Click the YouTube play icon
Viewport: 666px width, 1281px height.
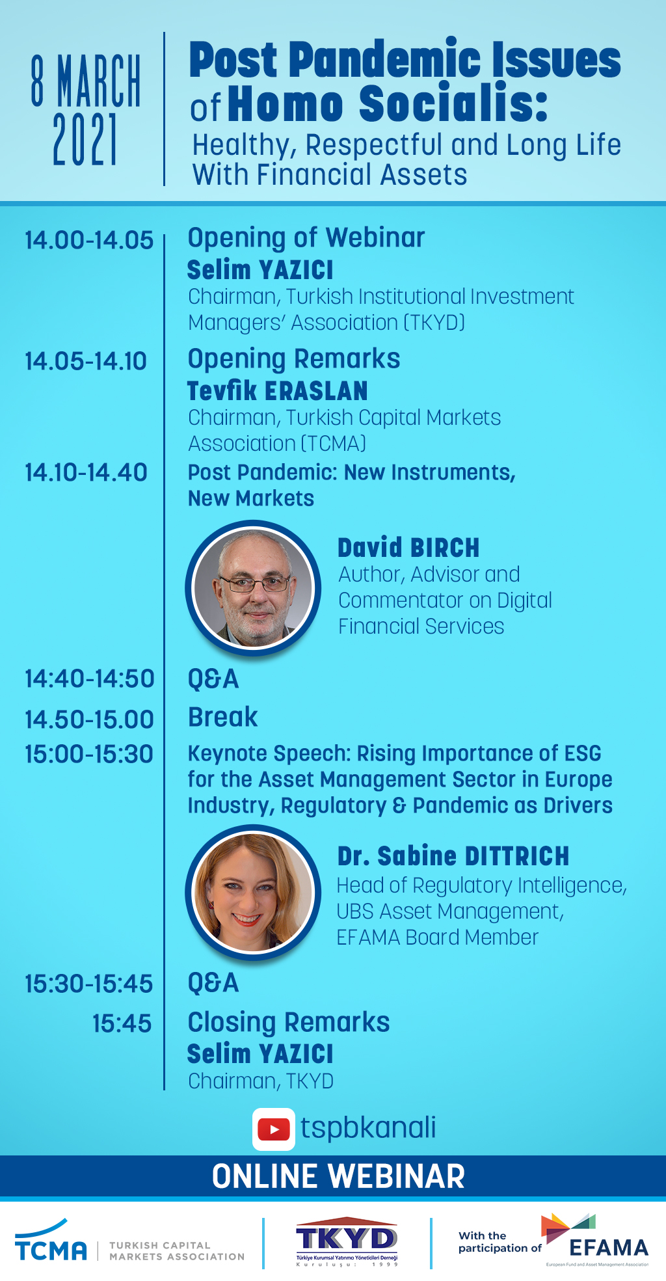[x=274, y=1129]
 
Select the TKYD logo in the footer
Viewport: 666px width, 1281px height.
[x=347, y=1242]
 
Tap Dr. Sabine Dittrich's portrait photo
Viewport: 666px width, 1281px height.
[x=253, y=892]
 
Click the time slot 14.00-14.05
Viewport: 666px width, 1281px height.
[x=89, y=240]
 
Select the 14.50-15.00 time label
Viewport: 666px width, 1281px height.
[x=89, y=719]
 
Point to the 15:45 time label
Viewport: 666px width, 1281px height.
[x=122, y=1023]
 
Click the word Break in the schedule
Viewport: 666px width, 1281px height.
[x=222, y=717]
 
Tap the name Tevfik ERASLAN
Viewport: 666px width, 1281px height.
[x=278, y=391]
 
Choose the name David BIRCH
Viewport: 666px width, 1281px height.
[x=408, y=548]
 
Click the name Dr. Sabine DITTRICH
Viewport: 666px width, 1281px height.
[x=453, y=856]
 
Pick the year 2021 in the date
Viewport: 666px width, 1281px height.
[x=85, y=139]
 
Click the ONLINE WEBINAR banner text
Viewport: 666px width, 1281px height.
[x=338, y=1176]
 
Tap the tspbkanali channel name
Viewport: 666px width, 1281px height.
[x=368, y=1128]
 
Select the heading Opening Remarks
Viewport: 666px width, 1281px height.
[x=294, y=358]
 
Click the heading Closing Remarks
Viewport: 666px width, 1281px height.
[x=289, y=1022]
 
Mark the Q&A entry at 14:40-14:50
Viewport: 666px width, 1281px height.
[x=213, y=679]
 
